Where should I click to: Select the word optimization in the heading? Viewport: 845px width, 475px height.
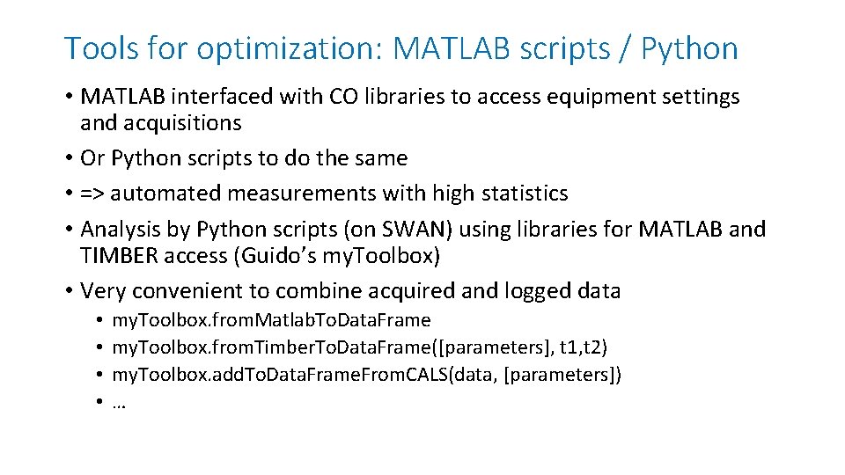289,49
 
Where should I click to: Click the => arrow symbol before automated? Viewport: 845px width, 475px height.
92,193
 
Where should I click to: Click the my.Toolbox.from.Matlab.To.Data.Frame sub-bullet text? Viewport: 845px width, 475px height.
271,320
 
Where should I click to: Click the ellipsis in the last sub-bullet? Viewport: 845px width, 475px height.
119,404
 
